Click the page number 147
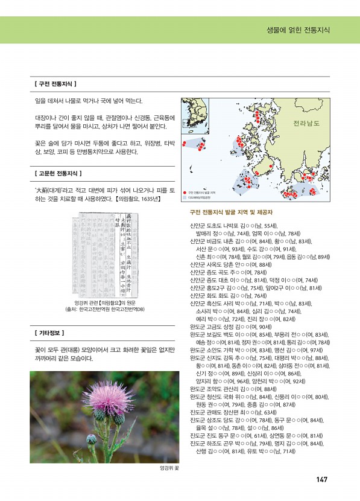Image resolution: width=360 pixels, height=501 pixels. [x=321, y=479]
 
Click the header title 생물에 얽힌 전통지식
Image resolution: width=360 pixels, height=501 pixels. [x=297, y=30]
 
